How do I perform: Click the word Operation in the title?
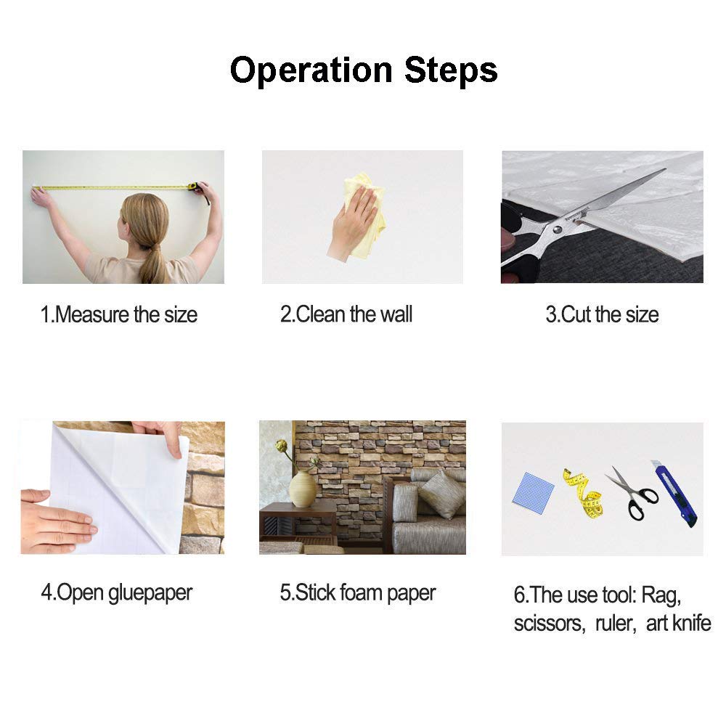coord(311,70)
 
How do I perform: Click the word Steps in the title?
coord(451,70)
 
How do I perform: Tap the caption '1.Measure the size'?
coord(119,315)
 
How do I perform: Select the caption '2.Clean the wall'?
coord(346,314)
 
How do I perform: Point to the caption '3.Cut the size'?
coord(602,315)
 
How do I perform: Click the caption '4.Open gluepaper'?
coord(117,593)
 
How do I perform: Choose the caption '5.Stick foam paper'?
coord(357,593)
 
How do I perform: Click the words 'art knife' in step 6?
coord(678,623)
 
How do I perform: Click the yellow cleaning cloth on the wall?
coord(366,213)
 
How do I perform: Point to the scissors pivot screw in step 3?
coord(558,229)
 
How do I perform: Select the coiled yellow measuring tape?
coord(584,494)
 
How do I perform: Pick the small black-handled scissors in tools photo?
coord(632,494)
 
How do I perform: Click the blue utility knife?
coord(674,493)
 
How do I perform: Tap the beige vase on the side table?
coord(302,489)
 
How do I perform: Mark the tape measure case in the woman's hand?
coord(193,186)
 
